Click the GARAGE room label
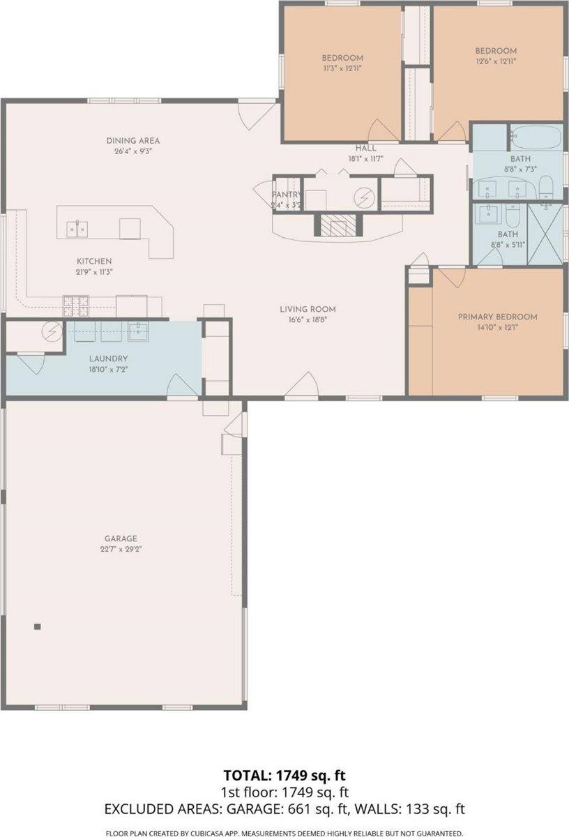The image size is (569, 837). coord(120,538)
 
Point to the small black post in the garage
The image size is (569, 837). coord(38,626)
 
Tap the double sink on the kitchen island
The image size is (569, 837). coord(77,227)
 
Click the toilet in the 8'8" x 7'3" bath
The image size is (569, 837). coord(547,186)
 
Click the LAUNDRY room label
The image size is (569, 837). coord(107,359)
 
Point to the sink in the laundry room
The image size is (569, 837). coord(139,331)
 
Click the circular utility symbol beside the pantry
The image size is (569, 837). coord(363,198)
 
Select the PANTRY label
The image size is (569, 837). coord(286,195)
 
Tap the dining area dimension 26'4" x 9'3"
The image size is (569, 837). coord(132,151)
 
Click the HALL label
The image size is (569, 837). coord(366,149)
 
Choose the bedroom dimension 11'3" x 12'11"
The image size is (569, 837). coord(342,68)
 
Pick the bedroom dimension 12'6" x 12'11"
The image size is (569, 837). coord(496,61)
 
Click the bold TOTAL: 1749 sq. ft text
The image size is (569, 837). coord(284,776)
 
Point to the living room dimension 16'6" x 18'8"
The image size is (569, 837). coord(308,319)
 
